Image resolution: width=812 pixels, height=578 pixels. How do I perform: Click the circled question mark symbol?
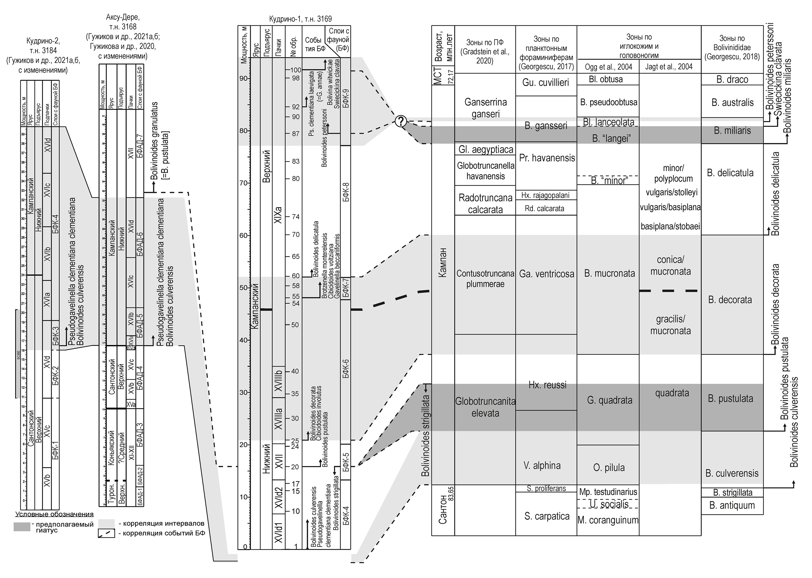tap(401, 122)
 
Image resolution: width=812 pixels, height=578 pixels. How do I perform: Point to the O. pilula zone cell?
tap(609, 467)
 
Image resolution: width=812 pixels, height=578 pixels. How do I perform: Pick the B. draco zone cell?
tap(732, 79)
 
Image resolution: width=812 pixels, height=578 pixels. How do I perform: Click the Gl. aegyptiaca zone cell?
tap(485, 149)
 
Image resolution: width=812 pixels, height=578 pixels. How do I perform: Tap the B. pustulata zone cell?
tap(730, 399)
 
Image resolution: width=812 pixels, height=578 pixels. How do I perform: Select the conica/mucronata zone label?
tap(670, 266)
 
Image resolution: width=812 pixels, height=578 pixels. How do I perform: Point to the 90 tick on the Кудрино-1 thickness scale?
tap(244, 78)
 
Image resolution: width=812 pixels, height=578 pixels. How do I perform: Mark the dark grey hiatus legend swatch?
tap(22, 527)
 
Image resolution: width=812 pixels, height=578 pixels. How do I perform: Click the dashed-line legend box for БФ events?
tap(106, 533)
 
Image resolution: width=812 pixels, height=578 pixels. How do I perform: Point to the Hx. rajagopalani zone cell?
tap(545, 195)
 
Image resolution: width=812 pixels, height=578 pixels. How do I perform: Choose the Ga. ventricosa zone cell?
tap(547, 274)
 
